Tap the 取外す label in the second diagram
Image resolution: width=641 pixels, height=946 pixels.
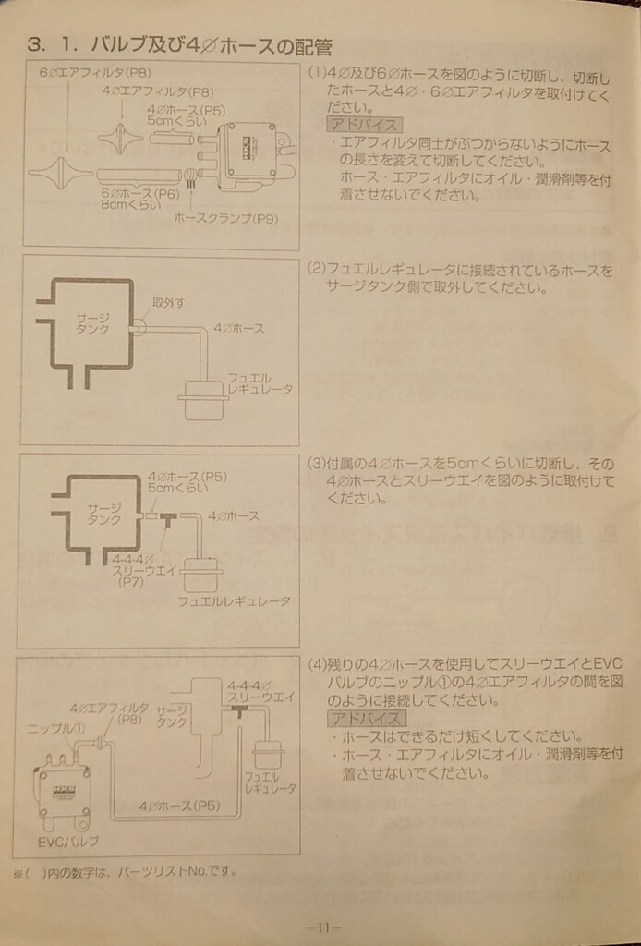pyautogui.click(x=167, y=303)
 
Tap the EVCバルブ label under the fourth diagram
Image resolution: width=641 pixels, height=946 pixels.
pyautogui.click(x=68, y=842)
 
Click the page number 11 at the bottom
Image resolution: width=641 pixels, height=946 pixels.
pyautogui.click(x=323, y=927)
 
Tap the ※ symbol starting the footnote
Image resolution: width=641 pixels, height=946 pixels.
pyautogui.click(x=18, y=870)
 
